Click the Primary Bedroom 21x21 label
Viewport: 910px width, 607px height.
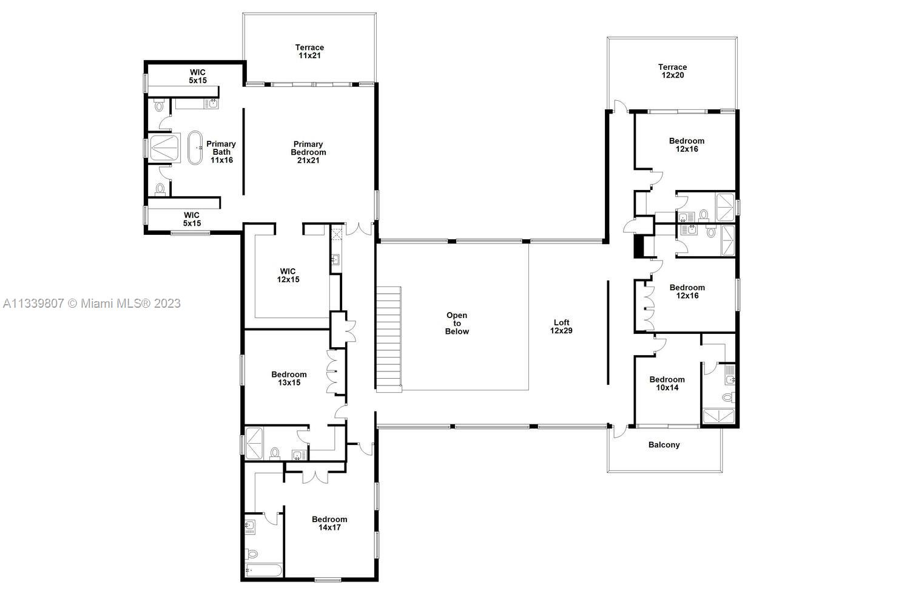point(308,152)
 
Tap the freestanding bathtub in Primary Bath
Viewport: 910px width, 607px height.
point(195,148)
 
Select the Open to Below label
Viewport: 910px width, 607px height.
point(457,324)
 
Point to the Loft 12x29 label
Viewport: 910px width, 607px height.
point(561,327)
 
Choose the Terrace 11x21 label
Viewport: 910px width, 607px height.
point(309,52)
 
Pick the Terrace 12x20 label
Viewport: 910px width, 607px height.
point(672,72)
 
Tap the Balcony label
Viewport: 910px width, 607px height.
point(664,445)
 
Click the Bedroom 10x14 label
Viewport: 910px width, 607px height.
point(667,384)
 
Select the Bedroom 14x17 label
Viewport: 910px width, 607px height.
point(329,523)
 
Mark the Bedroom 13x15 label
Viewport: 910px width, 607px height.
point(289,379)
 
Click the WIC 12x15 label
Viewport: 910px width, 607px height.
point(289,276)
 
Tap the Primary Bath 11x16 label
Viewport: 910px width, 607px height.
point(221,152)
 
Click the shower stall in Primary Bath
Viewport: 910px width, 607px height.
point(164,148)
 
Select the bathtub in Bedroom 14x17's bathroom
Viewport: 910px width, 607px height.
point(263,571)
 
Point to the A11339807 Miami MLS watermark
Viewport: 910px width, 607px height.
point(92,303)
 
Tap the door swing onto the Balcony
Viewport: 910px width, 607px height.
point(618,432)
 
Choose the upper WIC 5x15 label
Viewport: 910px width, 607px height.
point(197,76)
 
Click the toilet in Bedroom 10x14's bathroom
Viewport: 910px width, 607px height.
point(727,398)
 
